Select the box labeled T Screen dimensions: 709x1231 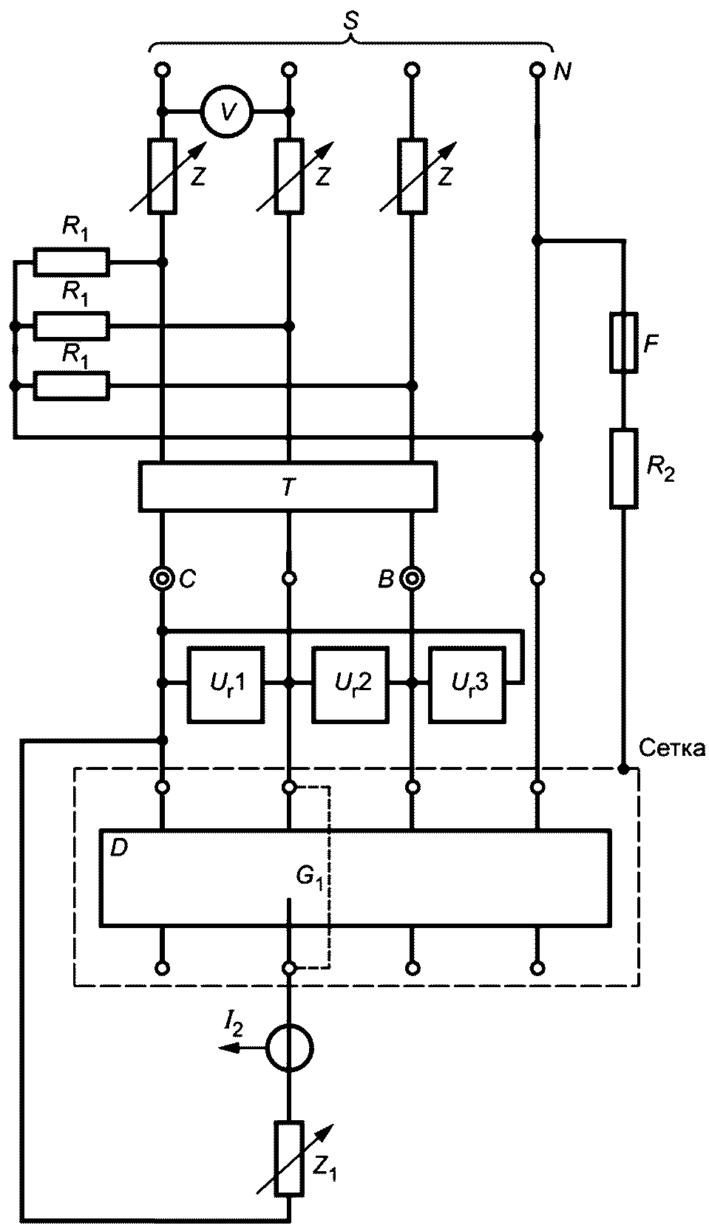coord(288,485)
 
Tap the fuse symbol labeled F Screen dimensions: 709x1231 coord(624,342)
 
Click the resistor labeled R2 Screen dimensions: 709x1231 coord(624,468)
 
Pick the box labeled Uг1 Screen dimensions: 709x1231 coord(226,683)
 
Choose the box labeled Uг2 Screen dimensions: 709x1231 coord(350,683)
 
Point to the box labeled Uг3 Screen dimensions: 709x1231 coord(467,683)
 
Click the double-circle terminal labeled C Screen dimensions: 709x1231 coord(162,578)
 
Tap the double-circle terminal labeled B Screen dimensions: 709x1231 coord(412,578)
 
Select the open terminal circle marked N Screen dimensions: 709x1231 coord(537,70)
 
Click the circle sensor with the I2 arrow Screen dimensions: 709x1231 coord(289,1048)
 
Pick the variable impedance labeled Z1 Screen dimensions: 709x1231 coord(289,1158)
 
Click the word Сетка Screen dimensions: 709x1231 coord(671,748)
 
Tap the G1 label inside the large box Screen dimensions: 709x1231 coord(308,877)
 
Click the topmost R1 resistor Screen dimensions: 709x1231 coord(71,262)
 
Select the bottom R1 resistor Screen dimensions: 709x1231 coord(71,386)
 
